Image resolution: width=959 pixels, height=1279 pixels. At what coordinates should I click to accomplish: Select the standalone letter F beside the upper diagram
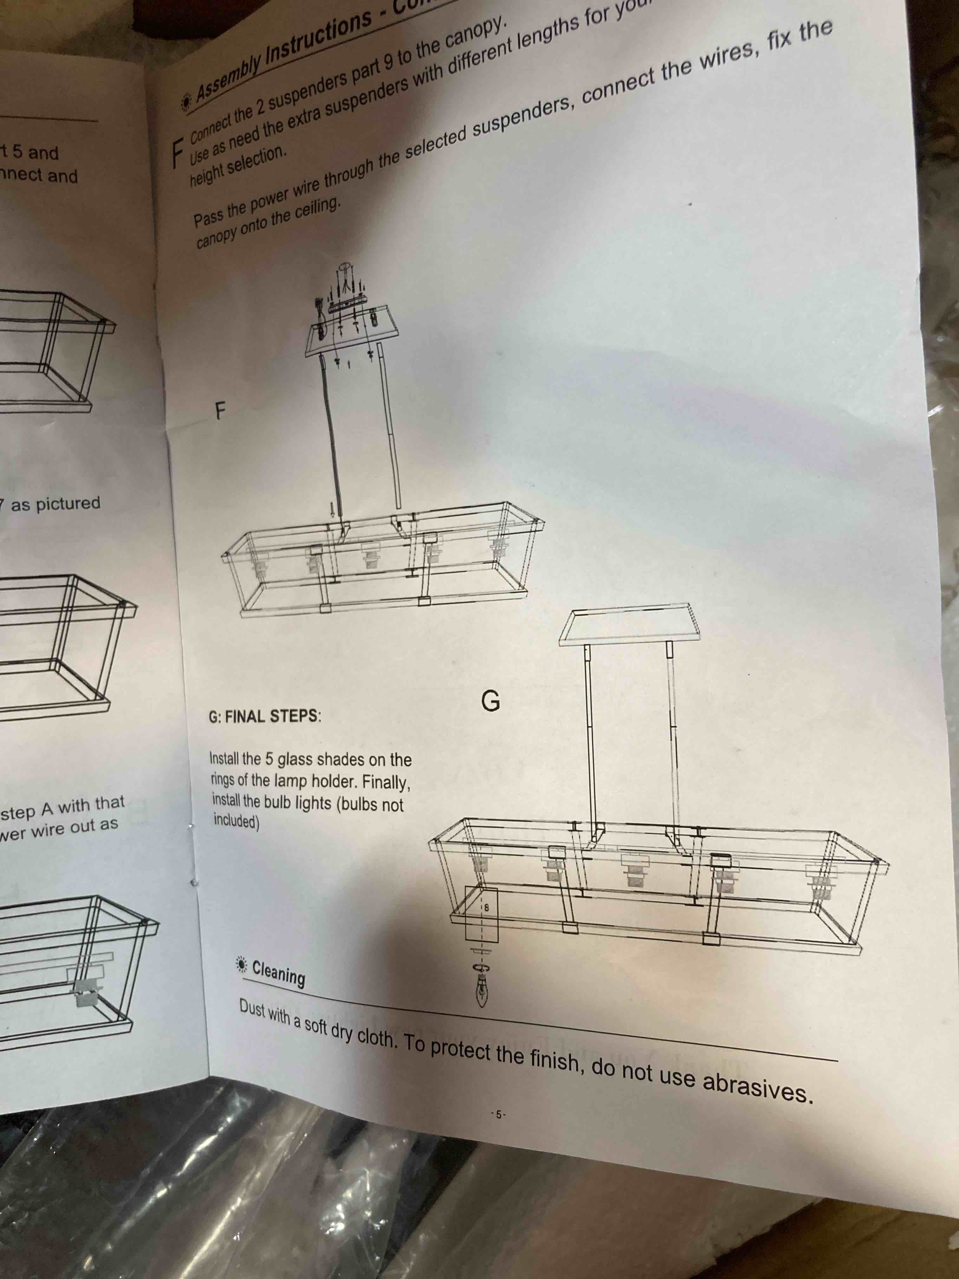(220, 411)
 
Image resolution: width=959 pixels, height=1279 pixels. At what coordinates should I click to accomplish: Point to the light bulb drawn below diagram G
(481, 991)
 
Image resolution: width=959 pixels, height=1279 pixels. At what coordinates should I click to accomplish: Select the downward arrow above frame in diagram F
(332, 509)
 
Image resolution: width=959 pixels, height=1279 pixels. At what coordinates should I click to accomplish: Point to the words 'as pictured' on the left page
(55, 504)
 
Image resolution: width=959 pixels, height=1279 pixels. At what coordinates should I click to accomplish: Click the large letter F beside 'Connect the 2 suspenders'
(178, 152)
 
